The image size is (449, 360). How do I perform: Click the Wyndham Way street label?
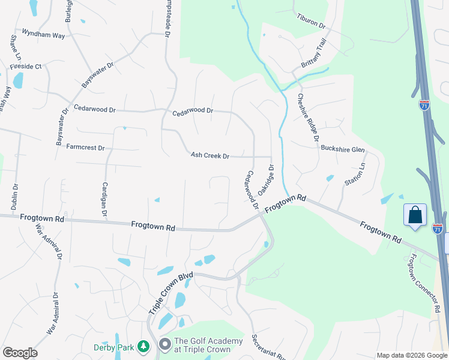[x=43, y=35]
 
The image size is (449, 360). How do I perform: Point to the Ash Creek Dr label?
[x=210, y=156]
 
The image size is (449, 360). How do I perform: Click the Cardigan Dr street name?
[x=105, y=199]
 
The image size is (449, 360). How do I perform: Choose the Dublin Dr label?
[x=15, y=199]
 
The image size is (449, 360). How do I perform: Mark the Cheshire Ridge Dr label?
[x=307, y=117]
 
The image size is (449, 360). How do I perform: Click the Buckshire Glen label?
[x=343, y=149]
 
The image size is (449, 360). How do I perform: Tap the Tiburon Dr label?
[x=310, y=22]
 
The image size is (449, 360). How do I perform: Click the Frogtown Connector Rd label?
[x=420, y=284]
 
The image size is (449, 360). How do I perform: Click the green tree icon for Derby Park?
[x=143, y=346]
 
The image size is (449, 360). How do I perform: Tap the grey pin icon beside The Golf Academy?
[x=164, y=345]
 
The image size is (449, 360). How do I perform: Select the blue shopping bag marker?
[x=415, y=215]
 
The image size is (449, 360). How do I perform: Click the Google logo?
[x=20, y=353]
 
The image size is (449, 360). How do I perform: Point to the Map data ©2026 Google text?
[x=412, y=355]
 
